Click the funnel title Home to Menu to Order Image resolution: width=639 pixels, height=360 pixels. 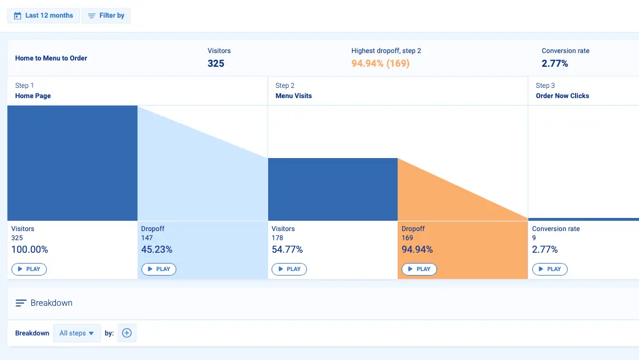[x=51, y=58]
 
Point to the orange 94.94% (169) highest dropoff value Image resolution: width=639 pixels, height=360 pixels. [x=381, y=63]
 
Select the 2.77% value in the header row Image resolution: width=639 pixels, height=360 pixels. [x=555, y=63]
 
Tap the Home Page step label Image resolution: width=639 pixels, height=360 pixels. [x=33, y=96]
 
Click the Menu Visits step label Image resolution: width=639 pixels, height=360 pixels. [x=294, y=96]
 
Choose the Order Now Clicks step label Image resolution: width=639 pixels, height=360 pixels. [x=563, y=96]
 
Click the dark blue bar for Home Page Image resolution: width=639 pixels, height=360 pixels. [x=72, y=163]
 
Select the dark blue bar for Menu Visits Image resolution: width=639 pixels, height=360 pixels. [x=333, y=189]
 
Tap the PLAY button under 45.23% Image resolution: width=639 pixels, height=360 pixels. [x=159, y=269]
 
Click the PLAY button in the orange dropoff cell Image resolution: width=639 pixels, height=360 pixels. [x=419, y=269]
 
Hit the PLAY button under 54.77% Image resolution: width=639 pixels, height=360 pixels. [x=289, y=269]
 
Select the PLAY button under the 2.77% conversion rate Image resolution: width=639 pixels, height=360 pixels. [x=550, y=269]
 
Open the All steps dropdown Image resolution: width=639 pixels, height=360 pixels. [x=76, y=333]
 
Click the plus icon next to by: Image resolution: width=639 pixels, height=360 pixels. [x=127, y=333]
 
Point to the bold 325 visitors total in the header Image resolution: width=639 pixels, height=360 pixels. [x=216, y=63]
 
